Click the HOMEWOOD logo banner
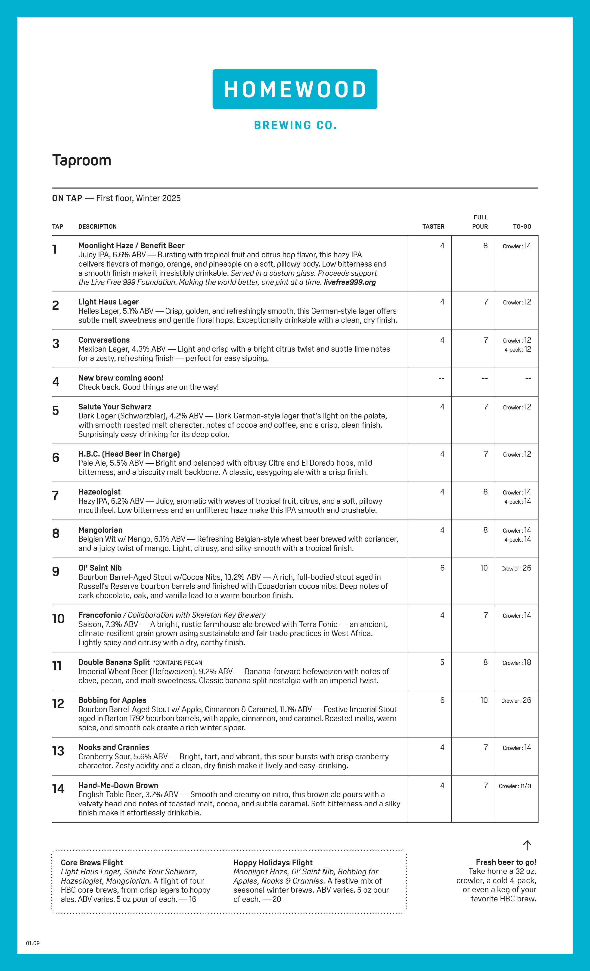(295, 89)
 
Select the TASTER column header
(433, 227)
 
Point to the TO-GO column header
(522, 227)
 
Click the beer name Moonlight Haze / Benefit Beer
(131, 246)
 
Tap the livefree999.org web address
(349, 282)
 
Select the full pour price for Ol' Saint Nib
(484, 568)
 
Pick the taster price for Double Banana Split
(442, 662)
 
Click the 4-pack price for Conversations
(517, 350)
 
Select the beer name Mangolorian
(100, 530)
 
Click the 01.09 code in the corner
(33, 943)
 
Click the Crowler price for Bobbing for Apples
(516, 700)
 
